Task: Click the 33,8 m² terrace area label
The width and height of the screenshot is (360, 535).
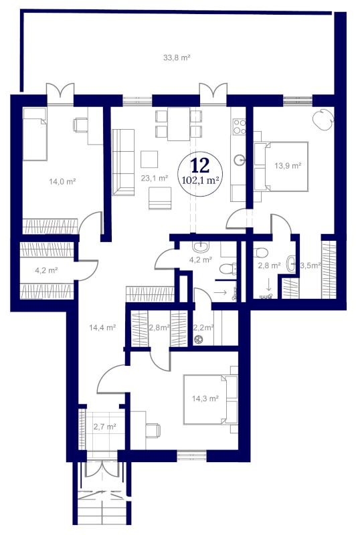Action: [x=177, y=58]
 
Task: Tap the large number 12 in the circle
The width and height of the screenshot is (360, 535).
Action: [x=200, y=165]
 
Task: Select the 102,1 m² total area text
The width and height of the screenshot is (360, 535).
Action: [x=201, y=180]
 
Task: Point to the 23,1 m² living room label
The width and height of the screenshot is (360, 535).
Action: [x=155, y=178]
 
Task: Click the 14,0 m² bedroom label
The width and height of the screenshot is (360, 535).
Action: [x=62, y=181]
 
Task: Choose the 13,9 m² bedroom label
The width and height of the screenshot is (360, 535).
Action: [x=288, y=166]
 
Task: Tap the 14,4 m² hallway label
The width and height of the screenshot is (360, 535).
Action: [x=102, y=328]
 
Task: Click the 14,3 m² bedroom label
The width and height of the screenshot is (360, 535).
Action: [x=205, y=398]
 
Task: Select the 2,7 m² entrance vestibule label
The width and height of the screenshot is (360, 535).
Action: [x=105, y=427]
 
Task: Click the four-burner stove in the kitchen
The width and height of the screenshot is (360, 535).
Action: [x=239, y=126]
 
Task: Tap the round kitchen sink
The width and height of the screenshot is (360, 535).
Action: [x=240, y=159]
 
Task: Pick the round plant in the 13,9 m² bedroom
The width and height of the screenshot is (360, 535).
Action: [x=323, y=118]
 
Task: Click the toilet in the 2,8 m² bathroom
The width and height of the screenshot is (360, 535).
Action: [x=260, y=253]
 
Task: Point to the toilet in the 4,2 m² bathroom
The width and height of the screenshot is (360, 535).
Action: [x=228, y=269]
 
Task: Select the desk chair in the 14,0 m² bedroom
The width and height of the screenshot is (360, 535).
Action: [x=80, y=124]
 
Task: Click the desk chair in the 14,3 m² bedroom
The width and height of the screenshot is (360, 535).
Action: [x=153, y=430]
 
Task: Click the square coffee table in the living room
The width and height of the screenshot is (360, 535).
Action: [x=149, y=159]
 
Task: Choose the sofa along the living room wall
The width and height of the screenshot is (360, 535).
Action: [x=123, y=163]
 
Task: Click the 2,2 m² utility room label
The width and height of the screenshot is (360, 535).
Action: [x=203, y=328]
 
